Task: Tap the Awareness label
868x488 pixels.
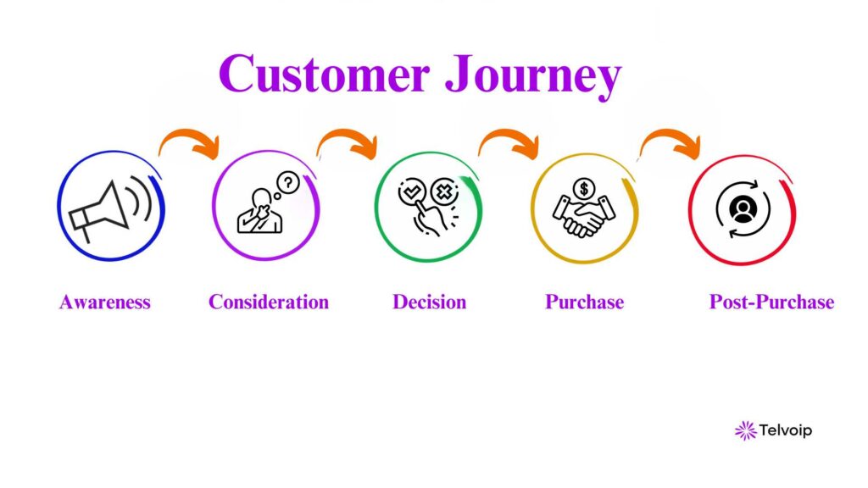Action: click(105, 302)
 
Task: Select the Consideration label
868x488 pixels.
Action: click(269, 302)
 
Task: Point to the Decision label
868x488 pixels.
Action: click(429, 302)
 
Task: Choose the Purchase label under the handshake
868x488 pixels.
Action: click(584, 302)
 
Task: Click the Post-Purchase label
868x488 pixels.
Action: click(771, 302)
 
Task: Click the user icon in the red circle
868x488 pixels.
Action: click(743, 208)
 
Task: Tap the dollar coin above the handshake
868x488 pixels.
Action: click(583, 188)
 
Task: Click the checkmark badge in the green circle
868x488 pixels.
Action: click(411, 192)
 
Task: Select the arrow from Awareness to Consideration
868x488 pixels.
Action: click(188, 142)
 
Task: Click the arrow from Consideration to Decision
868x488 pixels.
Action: click(347, 142)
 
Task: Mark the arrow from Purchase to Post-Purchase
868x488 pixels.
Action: click(670, 142)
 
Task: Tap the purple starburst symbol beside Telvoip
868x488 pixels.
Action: click(745, 430)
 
